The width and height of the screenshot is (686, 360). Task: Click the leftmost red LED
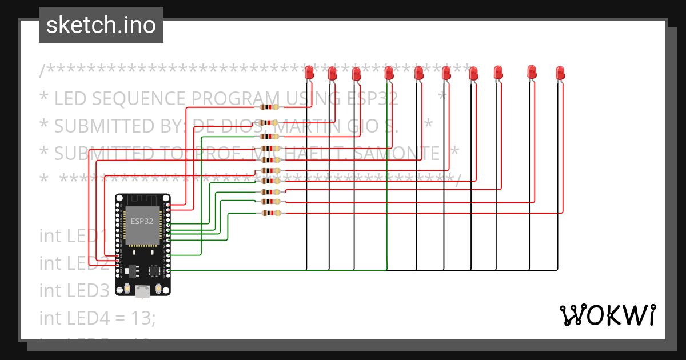click(309, 73)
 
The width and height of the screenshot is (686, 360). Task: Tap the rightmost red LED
click(560, 73)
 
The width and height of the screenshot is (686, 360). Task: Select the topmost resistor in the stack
click(269, 107)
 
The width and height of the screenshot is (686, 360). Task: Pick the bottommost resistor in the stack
click(269, 213)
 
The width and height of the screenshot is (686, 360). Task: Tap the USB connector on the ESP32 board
click(142, 292)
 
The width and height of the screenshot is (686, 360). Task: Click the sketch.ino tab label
click(101, 25)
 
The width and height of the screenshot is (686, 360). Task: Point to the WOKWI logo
click(608, 315)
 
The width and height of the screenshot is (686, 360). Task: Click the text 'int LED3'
click(74, 290)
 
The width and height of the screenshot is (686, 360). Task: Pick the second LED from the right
click(532, 71)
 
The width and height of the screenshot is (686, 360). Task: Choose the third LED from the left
click(356, 74)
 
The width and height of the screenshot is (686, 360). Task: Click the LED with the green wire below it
click(389, 73)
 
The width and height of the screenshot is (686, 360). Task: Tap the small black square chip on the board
click(154, 270)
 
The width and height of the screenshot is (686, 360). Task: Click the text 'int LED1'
click(74, 235)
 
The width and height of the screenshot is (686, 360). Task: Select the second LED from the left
click(332, 73)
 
